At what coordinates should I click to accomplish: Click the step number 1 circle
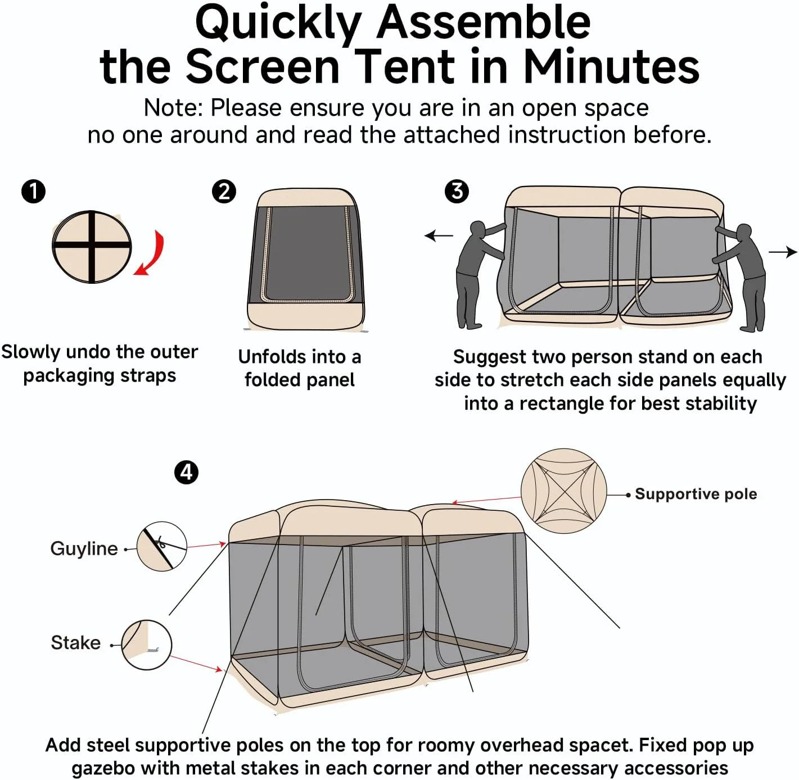click(x=33, y=191)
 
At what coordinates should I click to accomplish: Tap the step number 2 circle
click(x=224, y=191)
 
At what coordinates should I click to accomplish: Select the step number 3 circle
click(x=457, y=191)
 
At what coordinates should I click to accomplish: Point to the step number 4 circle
click(x=186, y=472)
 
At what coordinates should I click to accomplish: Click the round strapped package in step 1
click(x=92, y=247)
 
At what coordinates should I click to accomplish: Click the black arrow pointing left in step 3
click(x=439, y=235)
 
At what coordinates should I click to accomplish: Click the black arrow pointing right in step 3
click(x=783, y=252)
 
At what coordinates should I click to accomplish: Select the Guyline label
click(x=84, y=548)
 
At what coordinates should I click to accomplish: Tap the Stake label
click(x=75, y=642)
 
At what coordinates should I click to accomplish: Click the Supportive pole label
click(x=696, y=494)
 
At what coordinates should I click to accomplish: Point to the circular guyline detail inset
click(x=162, y=546)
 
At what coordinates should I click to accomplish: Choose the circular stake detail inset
click(x=146, y=645)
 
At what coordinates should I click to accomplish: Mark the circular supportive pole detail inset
click(x=563, y=491)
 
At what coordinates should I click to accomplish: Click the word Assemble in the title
click(x=483, y=22)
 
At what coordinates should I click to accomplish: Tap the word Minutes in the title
click(x=611, y=66)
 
